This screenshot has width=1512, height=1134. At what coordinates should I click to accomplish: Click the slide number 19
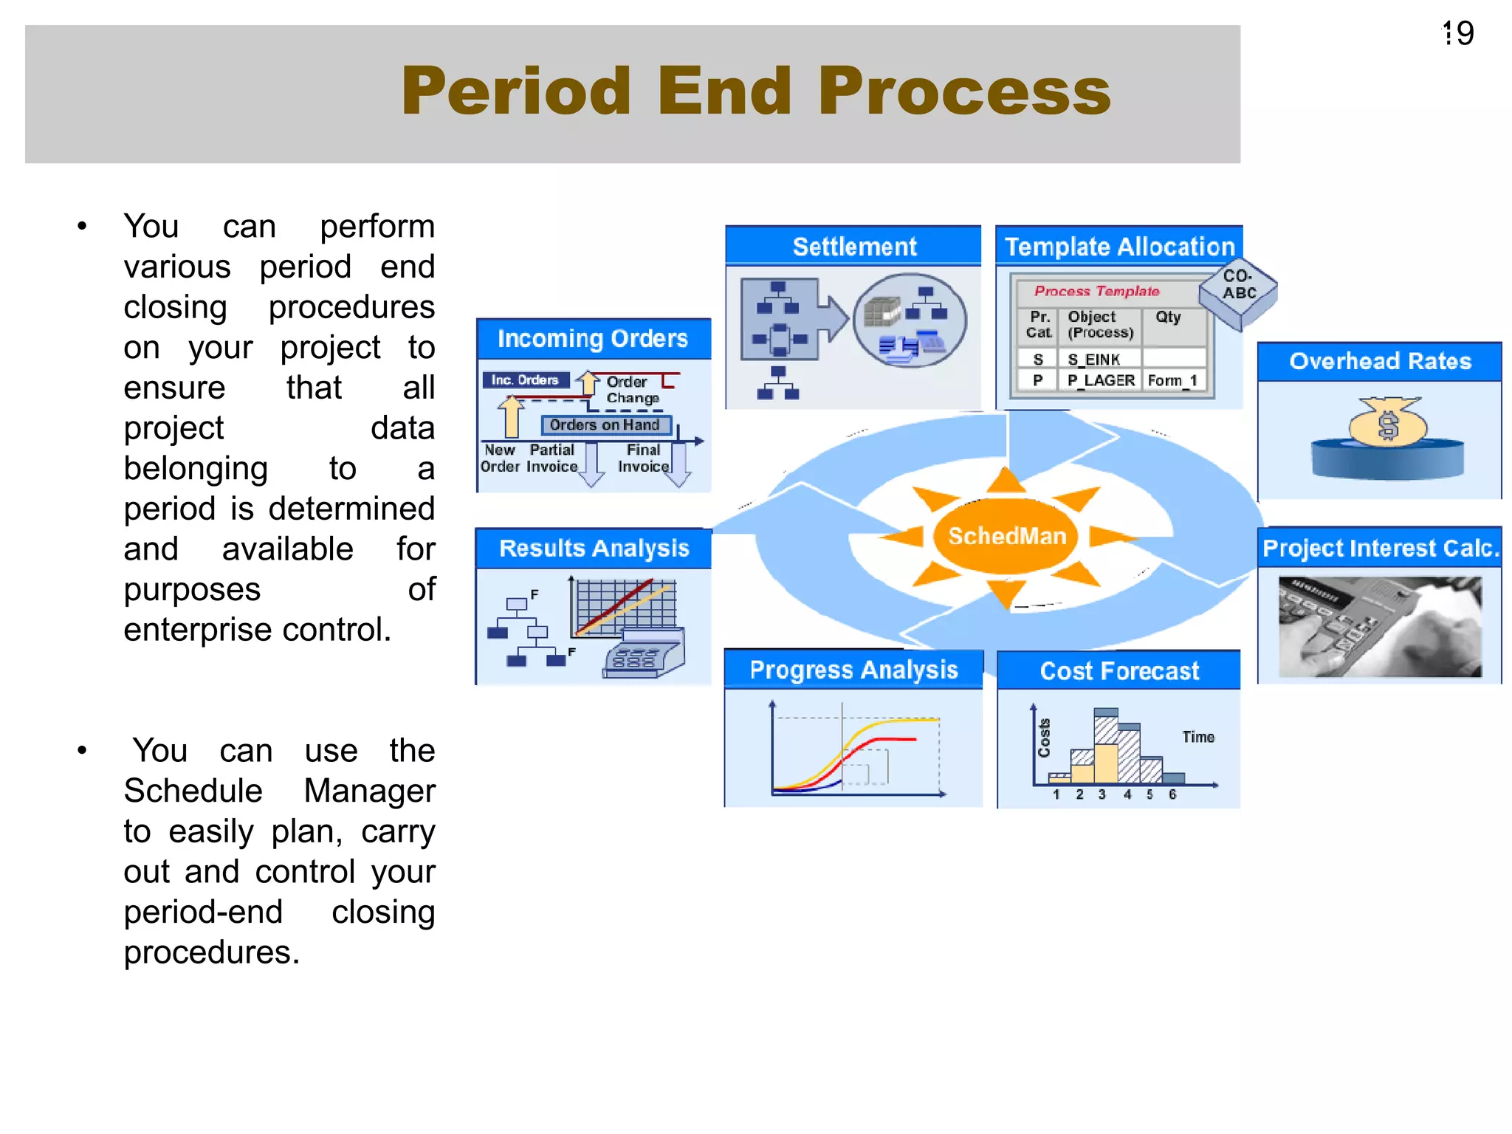click(1459, 34)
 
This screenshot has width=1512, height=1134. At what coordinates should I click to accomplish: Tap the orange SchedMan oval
click(1006, 536)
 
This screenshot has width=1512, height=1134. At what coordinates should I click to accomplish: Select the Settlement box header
click(853, 247)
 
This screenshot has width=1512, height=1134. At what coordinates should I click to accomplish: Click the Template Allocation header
click(1118, 247)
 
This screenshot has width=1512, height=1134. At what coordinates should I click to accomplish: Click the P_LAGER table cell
click(1100, 380)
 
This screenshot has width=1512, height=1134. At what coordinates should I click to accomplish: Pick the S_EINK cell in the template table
click(1093, 360)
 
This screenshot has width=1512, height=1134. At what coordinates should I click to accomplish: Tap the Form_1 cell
click(1172, 380)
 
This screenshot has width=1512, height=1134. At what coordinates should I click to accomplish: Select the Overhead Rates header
click(1379, 361)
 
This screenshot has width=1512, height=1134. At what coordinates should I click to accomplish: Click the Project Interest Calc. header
click(1380, 548)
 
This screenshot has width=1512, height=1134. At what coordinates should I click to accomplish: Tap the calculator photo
click(1379, 627)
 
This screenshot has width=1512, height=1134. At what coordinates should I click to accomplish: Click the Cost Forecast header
click(1118, 670)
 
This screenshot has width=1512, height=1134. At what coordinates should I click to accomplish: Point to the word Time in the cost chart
click(1197, 737)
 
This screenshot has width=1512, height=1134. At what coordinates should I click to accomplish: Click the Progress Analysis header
click(853, 670)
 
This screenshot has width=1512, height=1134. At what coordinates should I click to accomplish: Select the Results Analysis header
click(594, 548)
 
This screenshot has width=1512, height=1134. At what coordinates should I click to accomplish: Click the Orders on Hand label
click(604, 425)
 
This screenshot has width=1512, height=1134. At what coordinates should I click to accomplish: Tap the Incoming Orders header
click(592, 339)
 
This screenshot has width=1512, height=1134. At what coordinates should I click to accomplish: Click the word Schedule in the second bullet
click(193, 791)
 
